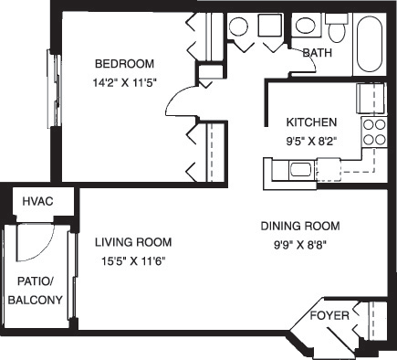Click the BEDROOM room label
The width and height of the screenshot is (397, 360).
[x=126, y=64]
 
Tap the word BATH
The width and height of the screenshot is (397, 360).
[x=316, y=53]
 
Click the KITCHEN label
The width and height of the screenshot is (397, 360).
[x=312, y=122]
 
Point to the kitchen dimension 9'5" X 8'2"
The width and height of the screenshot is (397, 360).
[x=312, y=141]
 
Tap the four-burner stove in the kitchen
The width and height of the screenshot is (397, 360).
[x=375, y=132]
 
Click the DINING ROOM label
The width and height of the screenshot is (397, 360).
[x=300, y=226]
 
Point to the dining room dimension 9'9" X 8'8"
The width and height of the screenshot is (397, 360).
[x=299, y=243]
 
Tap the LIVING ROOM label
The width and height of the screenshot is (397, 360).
[x=132, y=242]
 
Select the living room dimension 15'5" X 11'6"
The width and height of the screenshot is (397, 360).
[x=132, y=260]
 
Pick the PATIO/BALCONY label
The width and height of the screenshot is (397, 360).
[x=36, y=291]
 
